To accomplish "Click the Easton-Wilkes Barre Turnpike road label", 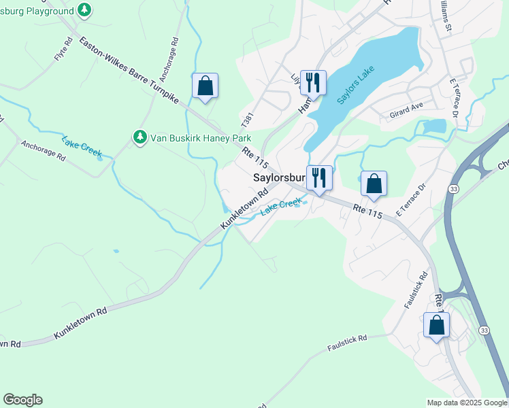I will click(x=129, y=70).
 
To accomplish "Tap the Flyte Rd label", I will click(x=64, y=52).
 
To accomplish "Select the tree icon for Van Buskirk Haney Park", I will click(x=140, y=137).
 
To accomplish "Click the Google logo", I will click(x=22, y=400).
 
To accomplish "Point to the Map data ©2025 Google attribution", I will click(x=467, y=403).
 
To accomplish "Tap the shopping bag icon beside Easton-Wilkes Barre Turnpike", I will click(x=205, y=86).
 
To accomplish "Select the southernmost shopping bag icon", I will click(x=436, y=325).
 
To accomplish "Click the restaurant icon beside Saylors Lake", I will click(x=313, y=83).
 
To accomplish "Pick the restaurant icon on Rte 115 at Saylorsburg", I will click(x=318, y=178).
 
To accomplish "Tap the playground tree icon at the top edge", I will click(x=84, y=10).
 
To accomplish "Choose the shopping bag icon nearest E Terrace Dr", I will click(x=374, y=184).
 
